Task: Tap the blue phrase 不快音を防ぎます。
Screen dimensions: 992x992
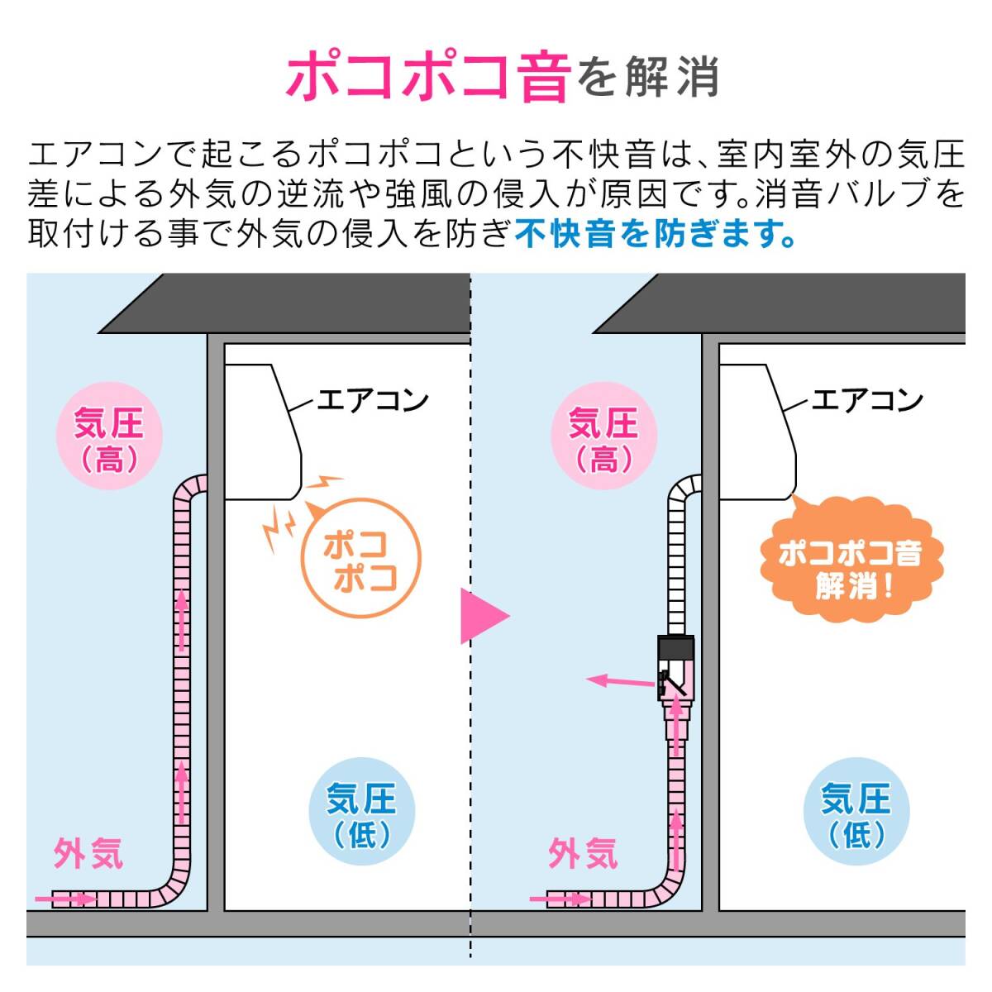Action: (655, 234)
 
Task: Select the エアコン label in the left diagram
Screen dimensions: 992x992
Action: (373, 401)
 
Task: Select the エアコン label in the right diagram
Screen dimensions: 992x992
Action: (867, 401)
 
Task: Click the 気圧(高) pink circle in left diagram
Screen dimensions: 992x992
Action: (108, 439)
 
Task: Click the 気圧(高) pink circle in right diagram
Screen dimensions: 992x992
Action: (603, 439)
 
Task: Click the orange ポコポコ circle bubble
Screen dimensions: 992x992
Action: (360, 558)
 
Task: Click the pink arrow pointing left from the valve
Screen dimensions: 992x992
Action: (620, 681)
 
